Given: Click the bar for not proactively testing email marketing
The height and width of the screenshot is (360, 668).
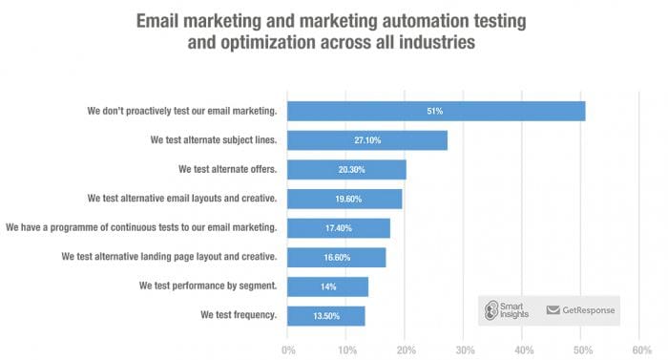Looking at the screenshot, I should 436,111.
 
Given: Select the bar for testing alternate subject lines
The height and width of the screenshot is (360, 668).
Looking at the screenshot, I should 367,140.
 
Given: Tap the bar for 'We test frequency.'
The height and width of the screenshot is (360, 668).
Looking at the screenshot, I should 326,316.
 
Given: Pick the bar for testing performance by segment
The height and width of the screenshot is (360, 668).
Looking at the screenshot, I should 327,286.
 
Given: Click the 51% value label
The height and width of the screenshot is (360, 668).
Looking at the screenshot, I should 435,111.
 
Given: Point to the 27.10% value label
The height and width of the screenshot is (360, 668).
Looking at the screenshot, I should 367,140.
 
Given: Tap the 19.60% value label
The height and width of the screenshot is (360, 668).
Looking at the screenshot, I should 344,199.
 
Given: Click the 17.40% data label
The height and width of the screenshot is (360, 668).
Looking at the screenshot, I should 339,228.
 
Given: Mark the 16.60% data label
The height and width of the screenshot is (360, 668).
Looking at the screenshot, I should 336,258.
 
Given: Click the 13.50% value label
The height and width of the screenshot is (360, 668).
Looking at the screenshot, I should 326,316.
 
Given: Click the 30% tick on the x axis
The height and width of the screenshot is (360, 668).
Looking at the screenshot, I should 464,349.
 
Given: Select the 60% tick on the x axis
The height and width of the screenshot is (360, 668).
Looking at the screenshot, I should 640,349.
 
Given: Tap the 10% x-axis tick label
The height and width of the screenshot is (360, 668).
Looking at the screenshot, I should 346,349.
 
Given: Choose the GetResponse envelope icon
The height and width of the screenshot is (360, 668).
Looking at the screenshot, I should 553,309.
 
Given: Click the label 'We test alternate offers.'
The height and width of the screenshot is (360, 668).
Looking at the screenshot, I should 227,169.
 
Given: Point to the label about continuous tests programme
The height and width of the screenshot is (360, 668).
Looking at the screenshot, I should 141,227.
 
